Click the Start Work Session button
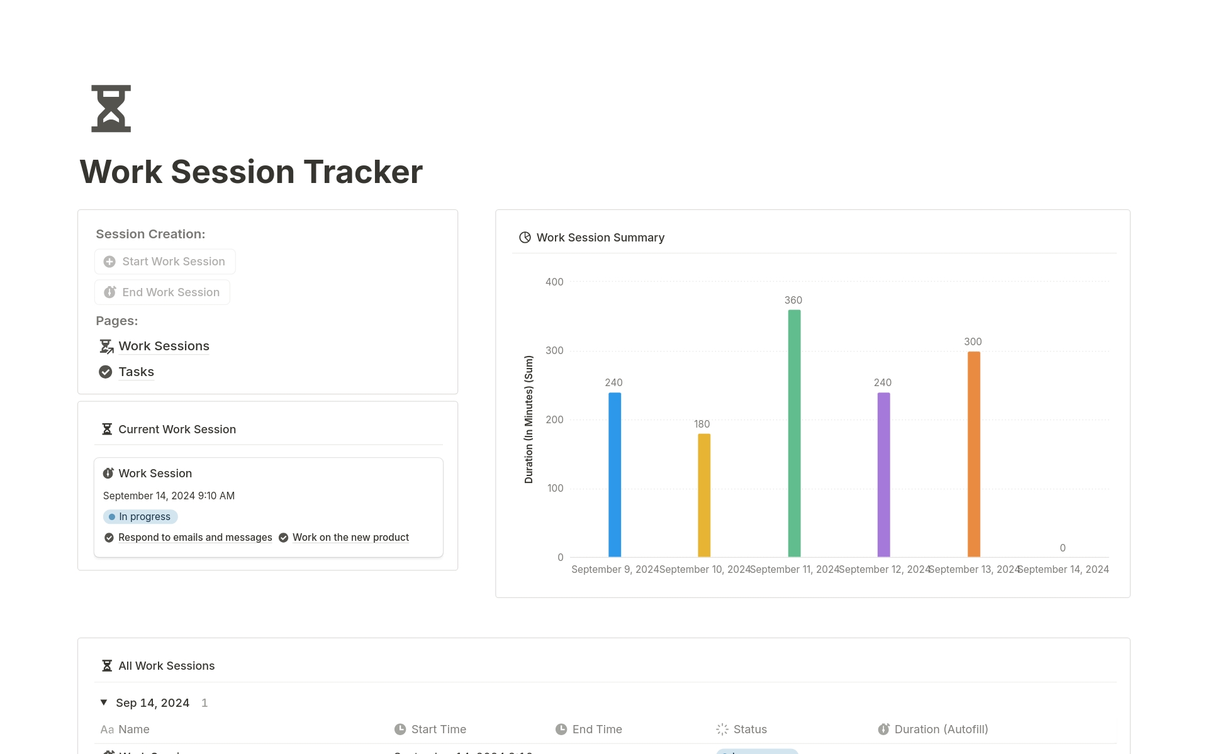click(x=165, y=262)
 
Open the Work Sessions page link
click(x=164, y=347)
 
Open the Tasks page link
click(x=136, y=372)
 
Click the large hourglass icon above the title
click(x=111, y=109)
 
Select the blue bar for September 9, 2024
click(x=615, y=475)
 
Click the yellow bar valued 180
click(x=704, y=496)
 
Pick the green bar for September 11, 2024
click(x=794, y=433)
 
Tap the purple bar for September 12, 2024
click(x=883, y=475)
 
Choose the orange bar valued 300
click(x=973, y=454)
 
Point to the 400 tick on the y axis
click(x=554, y=282)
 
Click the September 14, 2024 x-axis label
click(x=1063, y=570)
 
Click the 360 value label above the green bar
click(x=793, y=301)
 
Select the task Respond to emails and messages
click(x=195, y=538)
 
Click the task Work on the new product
click(x=350, y=538)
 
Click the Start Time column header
click(x=439, y=729)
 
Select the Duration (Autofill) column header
click(x=941, y=729)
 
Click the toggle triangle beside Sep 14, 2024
click(x=104, y=702)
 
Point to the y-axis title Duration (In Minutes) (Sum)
click(x=528, y=419)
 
